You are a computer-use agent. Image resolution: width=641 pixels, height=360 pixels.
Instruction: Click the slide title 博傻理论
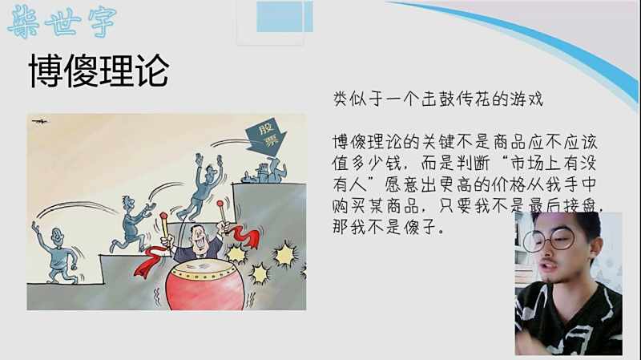tap(99, 71)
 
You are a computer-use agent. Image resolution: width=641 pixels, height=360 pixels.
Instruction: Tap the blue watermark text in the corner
tap(62, 22)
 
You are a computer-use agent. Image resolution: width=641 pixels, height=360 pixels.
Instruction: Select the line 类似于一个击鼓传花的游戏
tap(438, 99)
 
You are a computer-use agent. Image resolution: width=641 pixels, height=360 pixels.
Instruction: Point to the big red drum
tap(205, 285)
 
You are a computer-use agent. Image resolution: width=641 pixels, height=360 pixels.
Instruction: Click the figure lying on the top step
tap(265, 171)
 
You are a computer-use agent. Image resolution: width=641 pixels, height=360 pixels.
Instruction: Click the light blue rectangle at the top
tap(284, 16)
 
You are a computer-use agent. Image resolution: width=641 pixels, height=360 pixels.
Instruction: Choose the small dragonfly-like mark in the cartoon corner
tap(39, 121)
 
